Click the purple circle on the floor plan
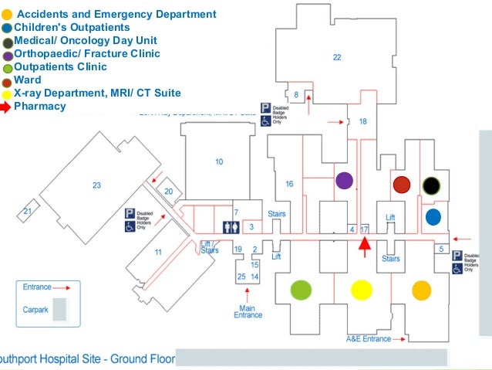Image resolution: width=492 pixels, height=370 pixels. click(345, 181)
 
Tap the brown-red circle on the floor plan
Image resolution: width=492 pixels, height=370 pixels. click(401, 185)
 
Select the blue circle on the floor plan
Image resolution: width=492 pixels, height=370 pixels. click(433, 216)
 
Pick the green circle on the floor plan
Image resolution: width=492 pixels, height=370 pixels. click(301, 290)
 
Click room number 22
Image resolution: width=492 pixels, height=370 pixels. click(337, 57)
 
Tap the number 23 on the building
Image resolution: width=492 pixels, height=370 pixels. click(96, 185)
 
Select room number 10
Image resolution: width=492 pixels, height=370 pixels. click(219, 161)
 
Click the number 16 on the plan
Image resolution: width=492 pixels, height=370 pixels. click(289, 184)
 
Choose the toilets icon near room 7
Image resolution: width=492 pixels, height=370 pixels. click(227, 227)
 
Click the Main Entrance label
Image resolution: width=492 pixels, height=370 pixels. click(248, 311)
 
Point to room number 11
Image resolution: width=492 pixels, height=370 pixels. click(158, 253)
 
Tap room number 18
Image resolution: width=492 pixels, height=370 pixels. click(363, 122)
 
